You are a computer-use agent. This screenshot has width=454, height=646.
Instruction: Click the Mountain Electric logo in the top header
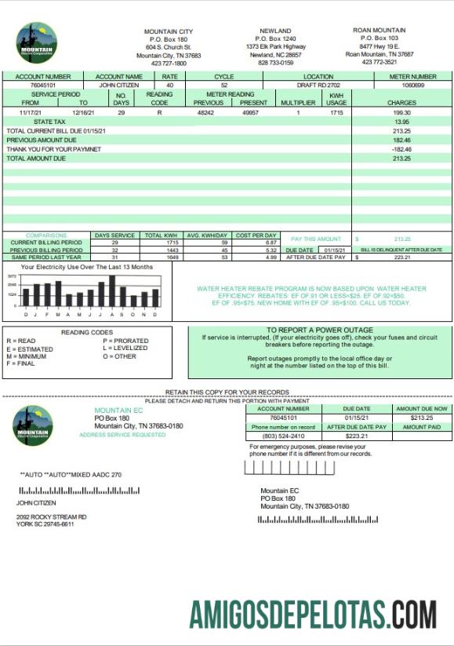click(35, 42)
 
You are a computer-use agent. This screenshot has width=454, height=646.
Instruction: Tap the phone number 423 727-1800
click(169, 64)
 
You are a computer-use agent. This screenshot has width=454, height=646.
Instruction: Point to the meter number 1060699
click(412, 85)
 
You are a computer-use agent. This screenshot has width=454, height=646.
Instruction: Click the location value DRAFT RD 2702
click(318, 85)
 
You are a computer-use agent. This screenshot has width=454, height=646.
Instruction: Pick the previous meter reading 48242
click(205, 113)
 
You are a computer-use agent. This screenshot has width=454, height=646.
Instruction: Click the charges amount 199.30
click(402, 113)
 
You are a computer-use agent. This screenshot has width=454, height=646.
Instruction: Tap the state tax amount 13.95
click(402, 122)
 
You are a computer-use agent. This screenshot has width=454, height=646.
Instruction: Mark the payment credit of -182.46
click(402, 148)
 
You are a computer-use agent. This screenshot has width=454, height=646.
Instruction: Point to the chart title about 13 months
click(87, 268)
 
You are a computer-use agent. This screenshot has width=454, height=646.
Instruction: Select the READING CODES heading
click(87, 332)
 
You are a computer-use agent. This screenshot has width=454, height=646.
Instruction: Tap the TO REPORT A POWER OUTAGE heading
click(319, 330)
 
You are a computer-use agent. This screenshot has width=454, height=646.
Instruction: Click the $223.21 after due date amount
click(357, 436)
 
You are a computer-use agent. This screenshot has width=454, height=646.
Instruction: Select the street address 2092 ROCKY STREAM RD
click(52, 516)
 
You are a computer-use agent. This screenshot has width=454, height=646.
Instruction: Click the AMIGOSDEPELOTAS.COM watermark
click(312, 613)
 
